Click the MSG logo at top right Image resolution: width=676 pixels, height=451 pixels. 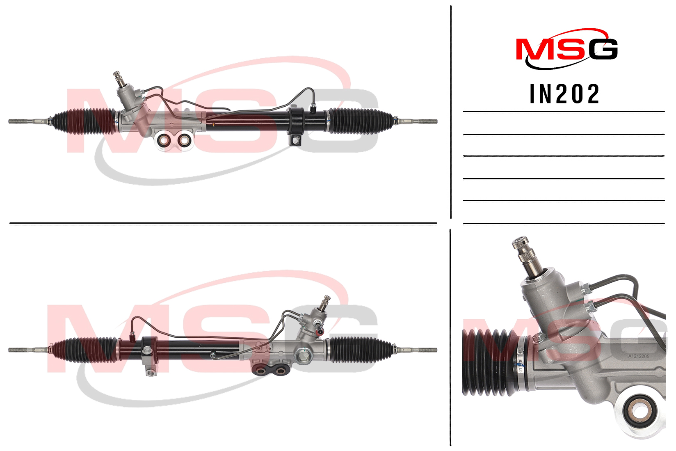point(567,48)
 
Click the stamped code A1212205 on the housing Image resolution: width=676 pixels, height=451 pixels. point(639,357)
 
